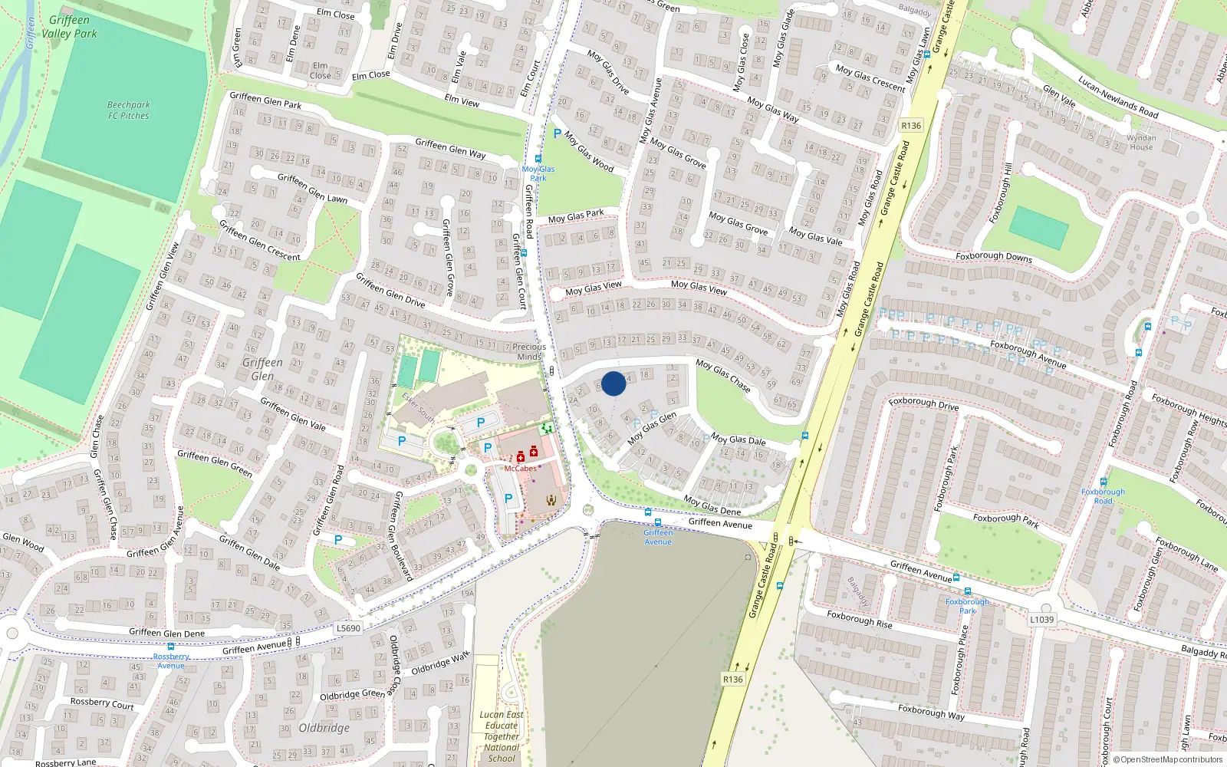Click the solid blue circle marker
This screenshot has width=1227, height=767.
[x=613, y=383]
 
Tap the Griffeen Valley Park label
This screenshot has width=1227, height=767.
[x=69, y=27]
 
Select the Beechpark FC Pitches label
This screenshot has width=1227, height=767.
[x=128, y=110]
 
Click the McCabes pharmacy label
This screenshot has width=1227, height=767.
[x=520, y=469]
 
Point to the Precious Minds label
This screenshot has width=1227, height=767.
[x=529, y=351]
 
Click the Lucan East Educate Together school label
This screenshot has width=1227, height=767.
[x=502, y=736]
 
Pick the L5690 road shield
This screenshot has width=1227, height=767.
[x=348, y=628]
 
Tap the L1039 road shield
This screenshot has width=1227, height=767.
[x=1041, y=619]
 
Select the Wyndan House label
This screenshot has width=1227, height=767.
[x=1140, y=143]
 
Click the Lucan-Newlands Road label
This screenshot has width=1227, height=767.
[x=1117, y=97]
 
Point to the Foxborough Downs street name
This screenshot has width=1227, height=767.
[x=994, y=256]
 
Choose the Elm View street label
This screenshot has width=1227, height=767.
[x=462, y=100]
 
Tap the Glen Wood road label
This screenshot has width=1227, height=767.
[x=23, y=542]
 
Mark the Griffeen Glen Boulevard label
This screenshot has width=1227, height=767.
[x=403, y=535]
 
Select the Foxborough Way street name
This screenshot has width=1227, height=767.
[x=931, y=712]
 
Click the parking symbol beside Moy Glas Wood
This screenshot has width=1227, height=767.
[x=557, y=133]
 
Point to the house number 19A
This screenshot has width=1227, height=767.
[x=467, y=593]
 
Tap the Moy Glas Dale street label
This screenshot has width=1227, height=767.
[x=738, y=440]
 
